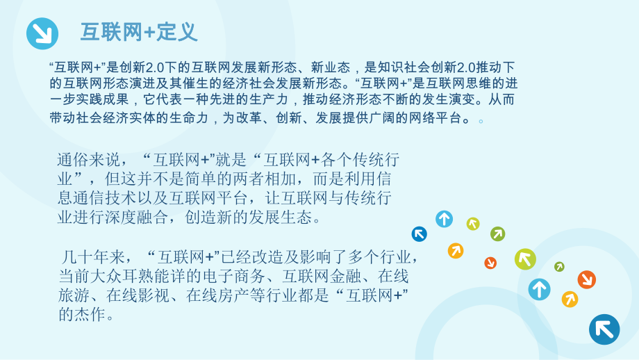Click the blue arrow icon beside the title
[x=42, y=33]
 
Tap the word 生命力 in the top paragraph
[x=186, y=117]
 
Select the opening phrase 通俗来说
[x=83, y=160]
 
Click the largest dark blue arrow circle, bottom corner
[x=604, y=329]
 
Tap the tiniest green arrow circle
[x=559, y=267]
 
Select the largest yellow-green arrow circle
[x=525, y=259]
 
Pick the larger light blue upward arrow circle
[x=539, y=289]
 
